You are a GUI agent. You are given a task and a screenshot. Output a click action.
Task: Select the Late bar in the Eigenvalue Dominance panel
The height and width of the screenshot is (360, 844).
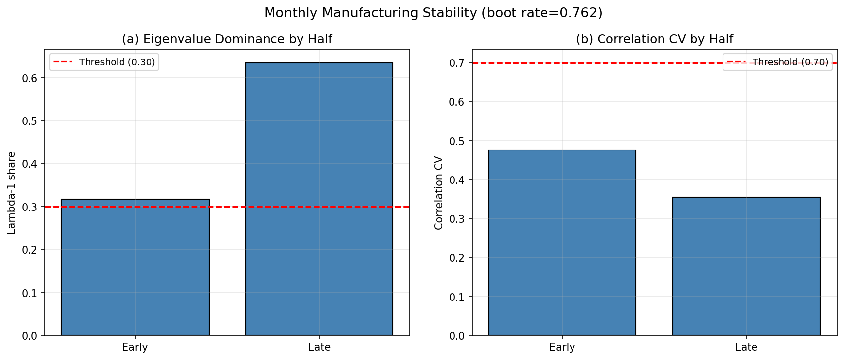[319, 199]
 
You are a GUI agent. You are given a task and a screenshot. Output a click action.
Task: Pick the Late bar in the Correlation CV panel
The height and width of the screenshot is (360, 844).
[746, 266]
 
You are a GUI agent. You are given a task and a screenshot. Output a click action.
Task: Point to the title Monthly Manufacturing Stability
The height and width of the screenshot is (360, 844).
[433, 13]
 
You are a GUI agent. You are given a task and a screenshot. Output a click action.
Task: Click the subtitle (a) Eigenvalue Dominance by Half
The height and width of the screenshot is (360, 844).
[227, 39]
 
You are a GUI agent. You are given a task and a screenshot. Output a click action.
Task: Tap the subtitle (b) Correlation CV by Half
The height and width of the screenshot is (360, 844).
[654, 39]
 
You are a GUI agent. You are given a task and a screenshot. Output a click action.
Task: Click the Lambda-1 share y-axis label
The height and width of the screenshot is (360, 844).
[12, 192]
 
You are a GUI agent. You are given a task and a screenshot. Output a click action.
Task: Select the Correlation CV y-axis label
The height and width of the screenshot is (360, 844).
[439, 192]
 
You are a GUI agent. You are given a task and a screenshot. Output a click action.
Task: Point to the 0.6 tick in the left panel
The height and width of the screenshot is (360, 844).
[29, 78]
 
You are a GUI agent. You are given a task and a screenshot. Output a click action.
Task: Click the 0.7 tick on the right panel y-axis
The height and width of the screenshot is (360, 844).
[456, 63]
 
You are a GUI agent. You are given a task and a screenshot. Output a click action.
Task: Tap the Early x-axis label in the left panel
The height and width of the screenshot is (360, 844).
[135, 347]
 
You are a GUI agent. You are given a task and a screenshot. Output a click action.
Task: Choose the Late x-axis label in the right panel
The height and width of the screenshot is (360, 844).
[746, 347]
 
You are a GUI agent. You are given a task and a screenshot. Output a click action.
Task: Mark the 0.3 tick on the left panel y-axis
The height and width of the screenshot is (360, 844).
[29, 207]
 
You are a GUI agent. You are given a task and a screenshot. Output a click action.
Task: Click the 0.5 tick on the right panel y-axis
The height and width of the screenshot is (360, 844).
[456, 141]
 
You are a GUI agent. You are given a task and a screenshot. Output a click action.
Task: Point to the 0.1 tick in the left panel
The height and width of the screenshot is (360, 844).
[29, 293]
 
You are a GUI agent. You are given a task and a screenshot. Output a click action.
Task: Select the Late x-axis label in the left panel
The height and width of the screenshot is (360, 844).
[319, 347]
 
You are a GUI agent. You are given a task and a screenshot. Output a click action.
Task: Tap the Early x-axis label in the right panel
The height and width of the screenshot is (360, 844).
[562, 347]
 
